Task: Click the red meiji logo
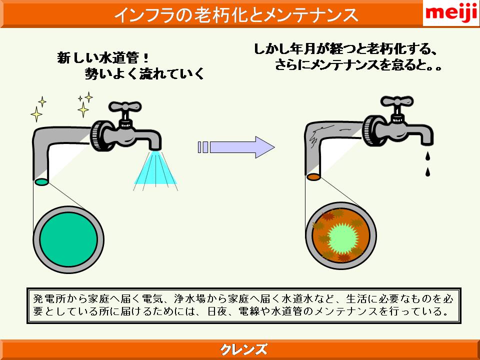click(451, 14)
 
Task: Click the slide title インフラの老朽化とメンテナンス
click(236, 14)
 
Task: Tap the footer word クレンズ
click(243, 349)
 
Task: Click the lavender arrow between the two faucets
click(236, 147)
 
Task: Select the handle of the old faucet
click(396, 101)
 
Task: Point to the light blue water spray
click(156, 169)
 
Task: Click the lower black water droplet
click(428, 171)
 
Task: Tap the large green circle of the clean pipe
click(68, 239)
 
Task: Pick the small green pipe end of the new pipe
click(41, 182)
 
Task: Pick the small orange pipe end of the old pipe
click(313, 176)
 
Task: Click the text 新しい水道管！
click(103, 57)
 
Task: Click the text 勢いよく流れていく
click(144, 73)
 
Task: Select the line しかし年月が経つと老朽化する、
click(345, 49)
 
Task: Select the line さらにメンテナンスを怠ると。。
click(358, 65)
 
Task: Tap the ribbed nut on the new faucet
click(99, 135)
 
